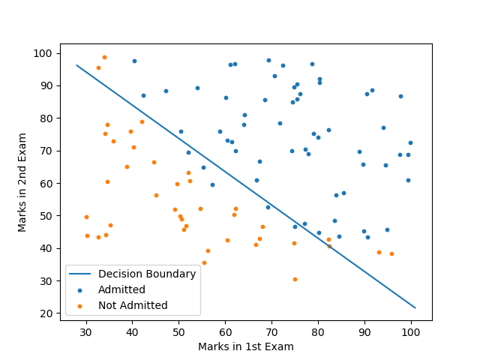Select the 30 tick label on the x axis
tap(86, 332)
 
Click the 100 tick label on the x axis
tap(411, 332)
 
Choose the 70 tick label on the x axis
tap(271, 332)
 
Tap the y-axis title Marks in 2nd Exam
tap(23, 182)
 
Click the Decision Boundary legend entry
tap(147, 274)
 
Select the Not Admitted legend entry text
tap(133, 305)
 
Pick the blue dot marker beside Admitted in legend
tap(82, 289)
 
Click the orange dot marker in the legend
tap(82, 305)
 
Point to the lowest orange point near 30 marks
tap(295, 279)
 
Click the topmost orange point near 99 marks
tap(104, 57)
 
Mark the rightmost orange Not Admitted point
tap(391, 253)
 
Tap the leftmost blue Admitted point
tap(134, 61)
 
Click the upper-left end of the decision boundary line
tap(77, 65)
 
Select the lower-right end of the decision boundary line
tap(415, 307)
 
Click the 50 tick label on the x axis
tap(179, 332)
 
